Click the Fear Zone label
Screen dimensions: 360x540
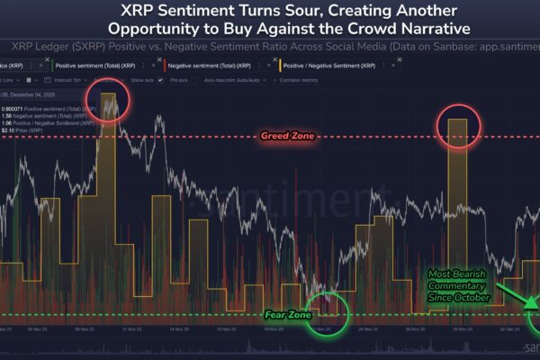click(288, 315)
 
